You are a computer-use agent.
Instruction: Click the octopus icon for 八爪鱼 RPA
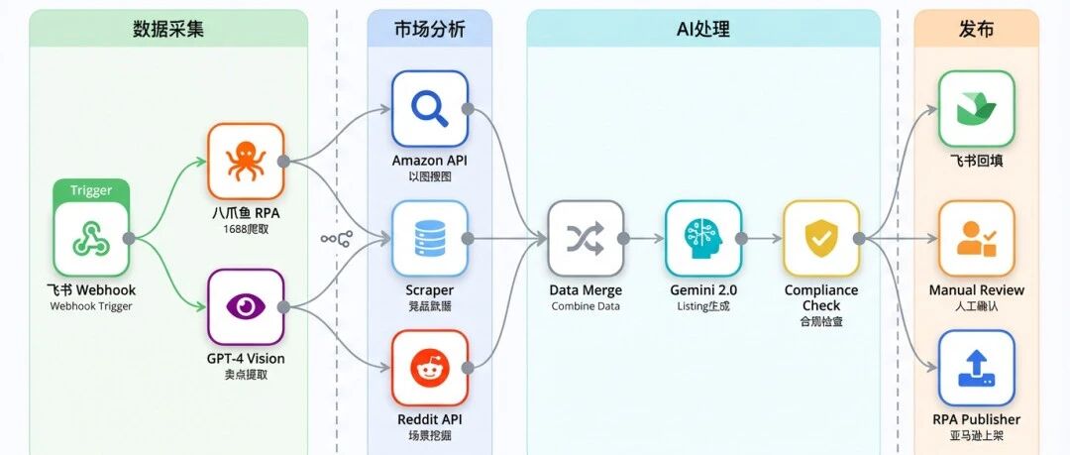click(245, 161)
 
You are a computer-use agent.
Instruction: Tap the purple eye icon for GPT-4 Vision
click(245, 306)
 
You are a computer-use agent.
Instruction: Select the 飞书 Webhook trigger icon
click(91, 239)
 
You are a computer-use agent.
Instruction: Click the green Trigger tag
click(91, 190)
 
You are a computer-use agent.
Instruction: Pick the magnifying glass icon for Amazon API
click(429, 108)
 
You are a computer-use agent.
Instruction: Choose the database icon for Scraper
click(429, 238)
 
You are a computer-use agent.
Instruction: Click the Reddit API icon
click(429, 368)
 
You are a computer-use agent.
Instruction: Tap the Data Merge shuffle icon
click(586, 238)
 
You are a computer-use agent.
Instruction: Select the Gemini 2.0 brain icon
click(702, 238)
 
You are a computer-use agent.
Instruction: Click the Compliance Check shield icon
click(820, 238)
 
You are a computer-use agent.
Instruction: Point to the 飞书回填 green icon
click(976, 108)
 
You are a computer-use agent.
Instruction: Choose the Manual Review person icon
click(976, 238)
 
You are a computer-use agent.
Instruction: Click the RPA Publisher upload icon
click(976, 368)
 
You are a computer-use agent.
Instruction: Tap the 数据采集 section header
click(168, 29)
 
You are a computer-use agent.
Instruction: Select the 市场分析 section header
click(429, 29)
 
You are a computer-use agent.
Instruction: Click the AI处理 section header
click(702, 29)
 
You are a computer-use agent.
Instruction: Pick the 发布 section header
click(976, 29)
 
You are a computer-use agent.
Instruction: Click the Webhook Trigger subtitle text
click(91, 306)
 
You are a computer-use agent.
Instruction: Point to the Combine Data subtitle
click(586, 306)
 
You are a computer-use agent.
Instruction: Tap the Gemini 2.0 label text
click(702, 290)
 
